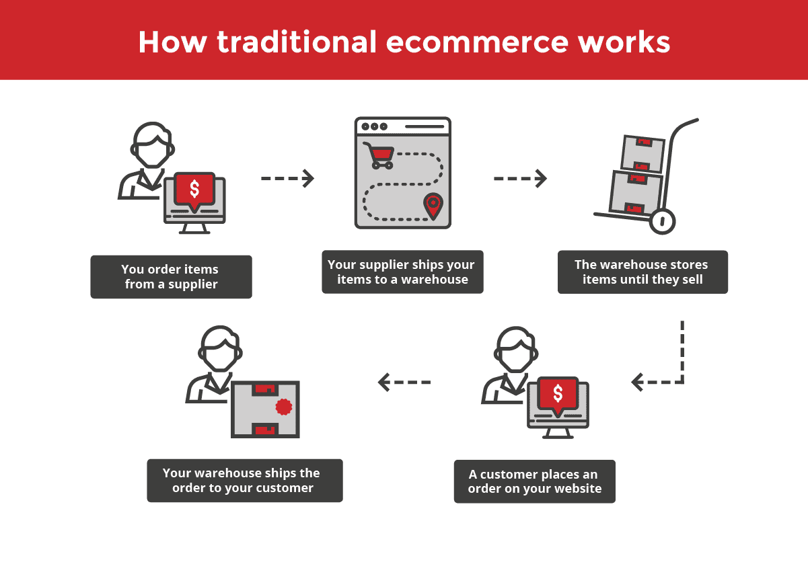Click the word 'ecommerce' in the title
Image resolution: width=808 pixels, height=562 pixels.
pyautogui.click(x=478, y=42)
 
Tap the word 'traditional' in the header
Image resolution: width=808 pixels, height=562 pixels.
pyautogui.click(x=297, y=42)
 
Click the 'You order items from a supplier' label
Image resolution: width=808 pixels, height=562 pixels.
pyautogui.click(x=171, y=277)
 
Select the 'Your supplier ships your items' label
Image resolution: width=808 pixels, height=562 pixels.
pyautogui.click(x=402, y=272)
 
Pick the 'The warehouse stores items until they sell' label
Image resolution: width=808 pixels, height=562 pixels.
pyautogui.click(x=642, y=272)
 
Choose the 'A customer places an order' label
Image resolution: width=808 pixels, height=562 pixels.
pyautogui.click(x=535, y=481)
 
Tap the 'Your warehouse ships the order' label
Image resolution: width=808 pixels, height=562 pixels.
pyautogui.click(x=245, y=480)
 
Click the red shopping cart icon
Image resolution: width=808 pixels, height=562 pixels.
pyautogui.click(x=378, y=155)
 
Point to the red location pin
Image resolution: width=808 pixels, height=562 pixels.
pyautogui.click(x=433, y=206)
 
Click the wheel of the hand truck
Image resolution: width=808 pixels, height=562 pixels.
pyautogui.click(x=662, y=221)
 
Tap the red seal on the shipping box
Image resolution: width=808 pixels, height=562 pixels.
pyautogui.click(x=283, y=407)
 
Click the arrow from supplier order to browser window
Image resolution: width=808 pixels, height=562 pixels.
pyautogui.click(x=287, y=178)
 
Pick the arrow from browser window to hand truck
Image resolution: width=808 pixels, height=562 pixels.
pyautogui.click(x=520, y=178)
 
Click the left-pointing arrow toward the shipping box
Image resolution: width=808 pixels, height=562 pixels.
pyautogui.click(x=404, y=382)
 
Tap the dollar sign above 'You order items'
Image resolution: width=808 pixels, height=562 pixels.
pyautogui.click(x=194, y=189)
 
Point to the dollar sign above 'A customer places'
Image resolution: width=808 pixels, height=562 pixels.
pyautogui.click(x=558, y=393)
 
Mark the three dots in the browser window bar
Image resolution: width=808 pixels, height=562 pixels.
pyautogui.click(x=375, y=126)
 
